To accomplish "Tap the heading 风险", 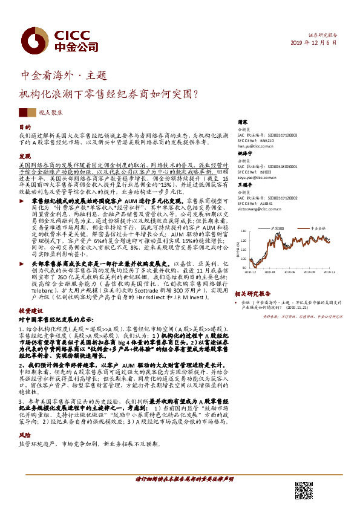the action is click(x=24, y=434).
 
